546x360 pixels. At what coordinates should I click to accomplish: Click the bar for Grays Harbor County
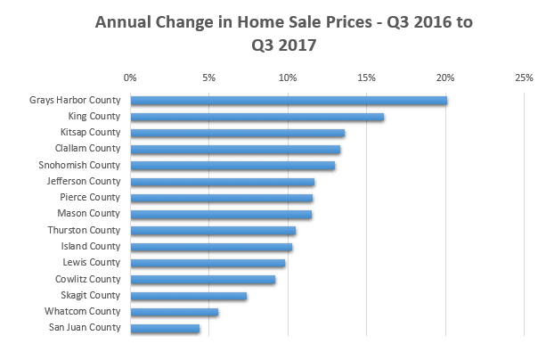tap(289, 100)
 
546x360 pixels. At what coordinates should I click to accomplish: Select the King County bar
tap(257, 117)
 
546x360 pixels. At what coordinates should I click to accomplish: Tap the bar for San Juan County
tap(165, 329)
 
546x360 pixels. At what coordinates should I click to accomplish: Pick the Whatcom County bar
tap(175, 312)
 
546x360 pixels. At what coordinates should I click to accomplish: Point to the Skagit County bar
tap(189, 296)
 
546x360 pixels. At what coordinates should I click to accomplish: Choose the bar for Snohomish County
tap(232, 166)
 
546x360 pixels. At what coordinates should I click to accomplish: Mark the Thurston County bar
tap(213, 231)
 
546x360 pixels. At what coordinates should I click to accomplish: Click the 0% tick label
tap(130, 78)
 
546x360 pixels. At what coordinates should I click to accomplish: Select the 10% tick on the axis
tap(288, 78)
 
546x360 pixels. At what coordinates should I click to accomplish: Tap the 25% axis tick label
tap(524, 78)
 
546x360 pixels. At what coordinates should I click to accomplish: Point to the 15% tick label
tap(366, 78)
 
